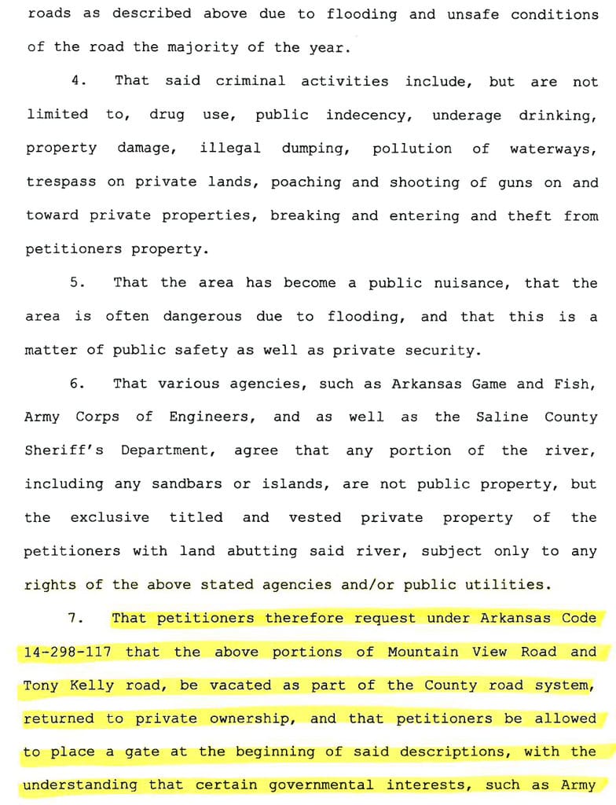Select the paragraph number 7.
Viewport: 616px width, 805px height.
[75, 619]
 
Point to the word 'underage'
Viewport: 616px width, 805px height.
[467, 116]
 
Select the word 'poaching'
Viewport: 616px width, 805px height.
[306, 182]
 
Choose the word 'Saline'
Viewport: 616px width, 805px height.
[502, 417]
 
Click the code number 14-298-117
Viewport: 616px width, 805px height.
[67, 652]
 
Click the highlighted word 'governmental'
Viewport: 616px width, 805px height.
[321, 785]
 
